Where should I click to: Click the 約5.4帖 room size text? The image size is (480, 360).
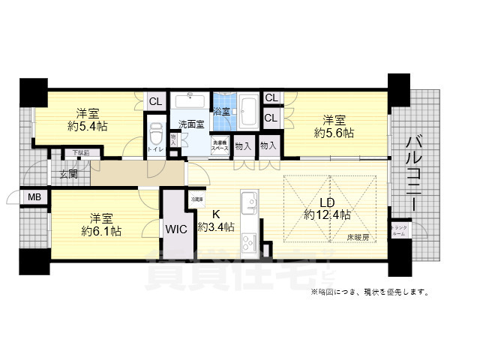tap(87, 127)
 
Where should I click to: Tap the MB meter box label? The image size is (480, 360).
tap(34, 197)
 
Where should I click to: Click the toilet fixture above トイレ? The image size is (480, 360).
tap(156, 134)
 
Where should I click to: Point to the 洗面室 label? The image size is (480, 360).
tap(190, 123)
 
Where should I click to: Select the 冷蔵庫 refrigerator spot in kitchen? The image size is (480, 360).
tap(196, 200)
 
